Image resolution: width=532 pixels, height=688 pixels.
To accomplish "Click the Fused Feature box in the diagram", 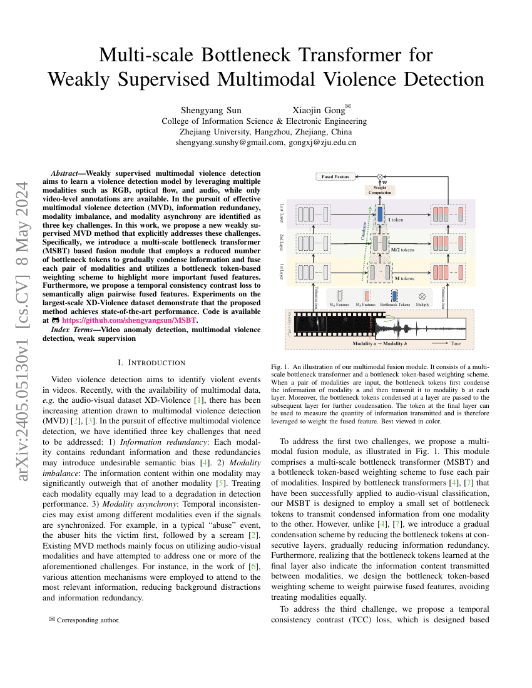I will (335, 177).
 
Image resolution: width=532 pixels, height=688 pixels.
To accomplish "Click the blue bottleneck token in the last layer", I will (380, 215).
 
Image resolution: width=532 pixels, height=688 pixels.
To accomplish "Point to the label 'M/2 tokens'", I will (402, 250).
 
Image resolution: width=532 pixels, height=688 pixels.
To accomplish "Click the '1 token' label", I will (396, 220).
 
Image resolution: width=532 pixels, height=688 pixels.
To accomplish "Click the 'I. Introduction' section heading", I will (151, 363).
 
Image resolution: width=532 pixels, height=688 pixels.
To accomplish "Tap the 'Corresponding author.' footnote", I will (88, 620).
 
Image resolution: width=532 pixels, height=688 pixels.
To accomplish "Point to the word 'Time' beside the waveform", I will (456, 344).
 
